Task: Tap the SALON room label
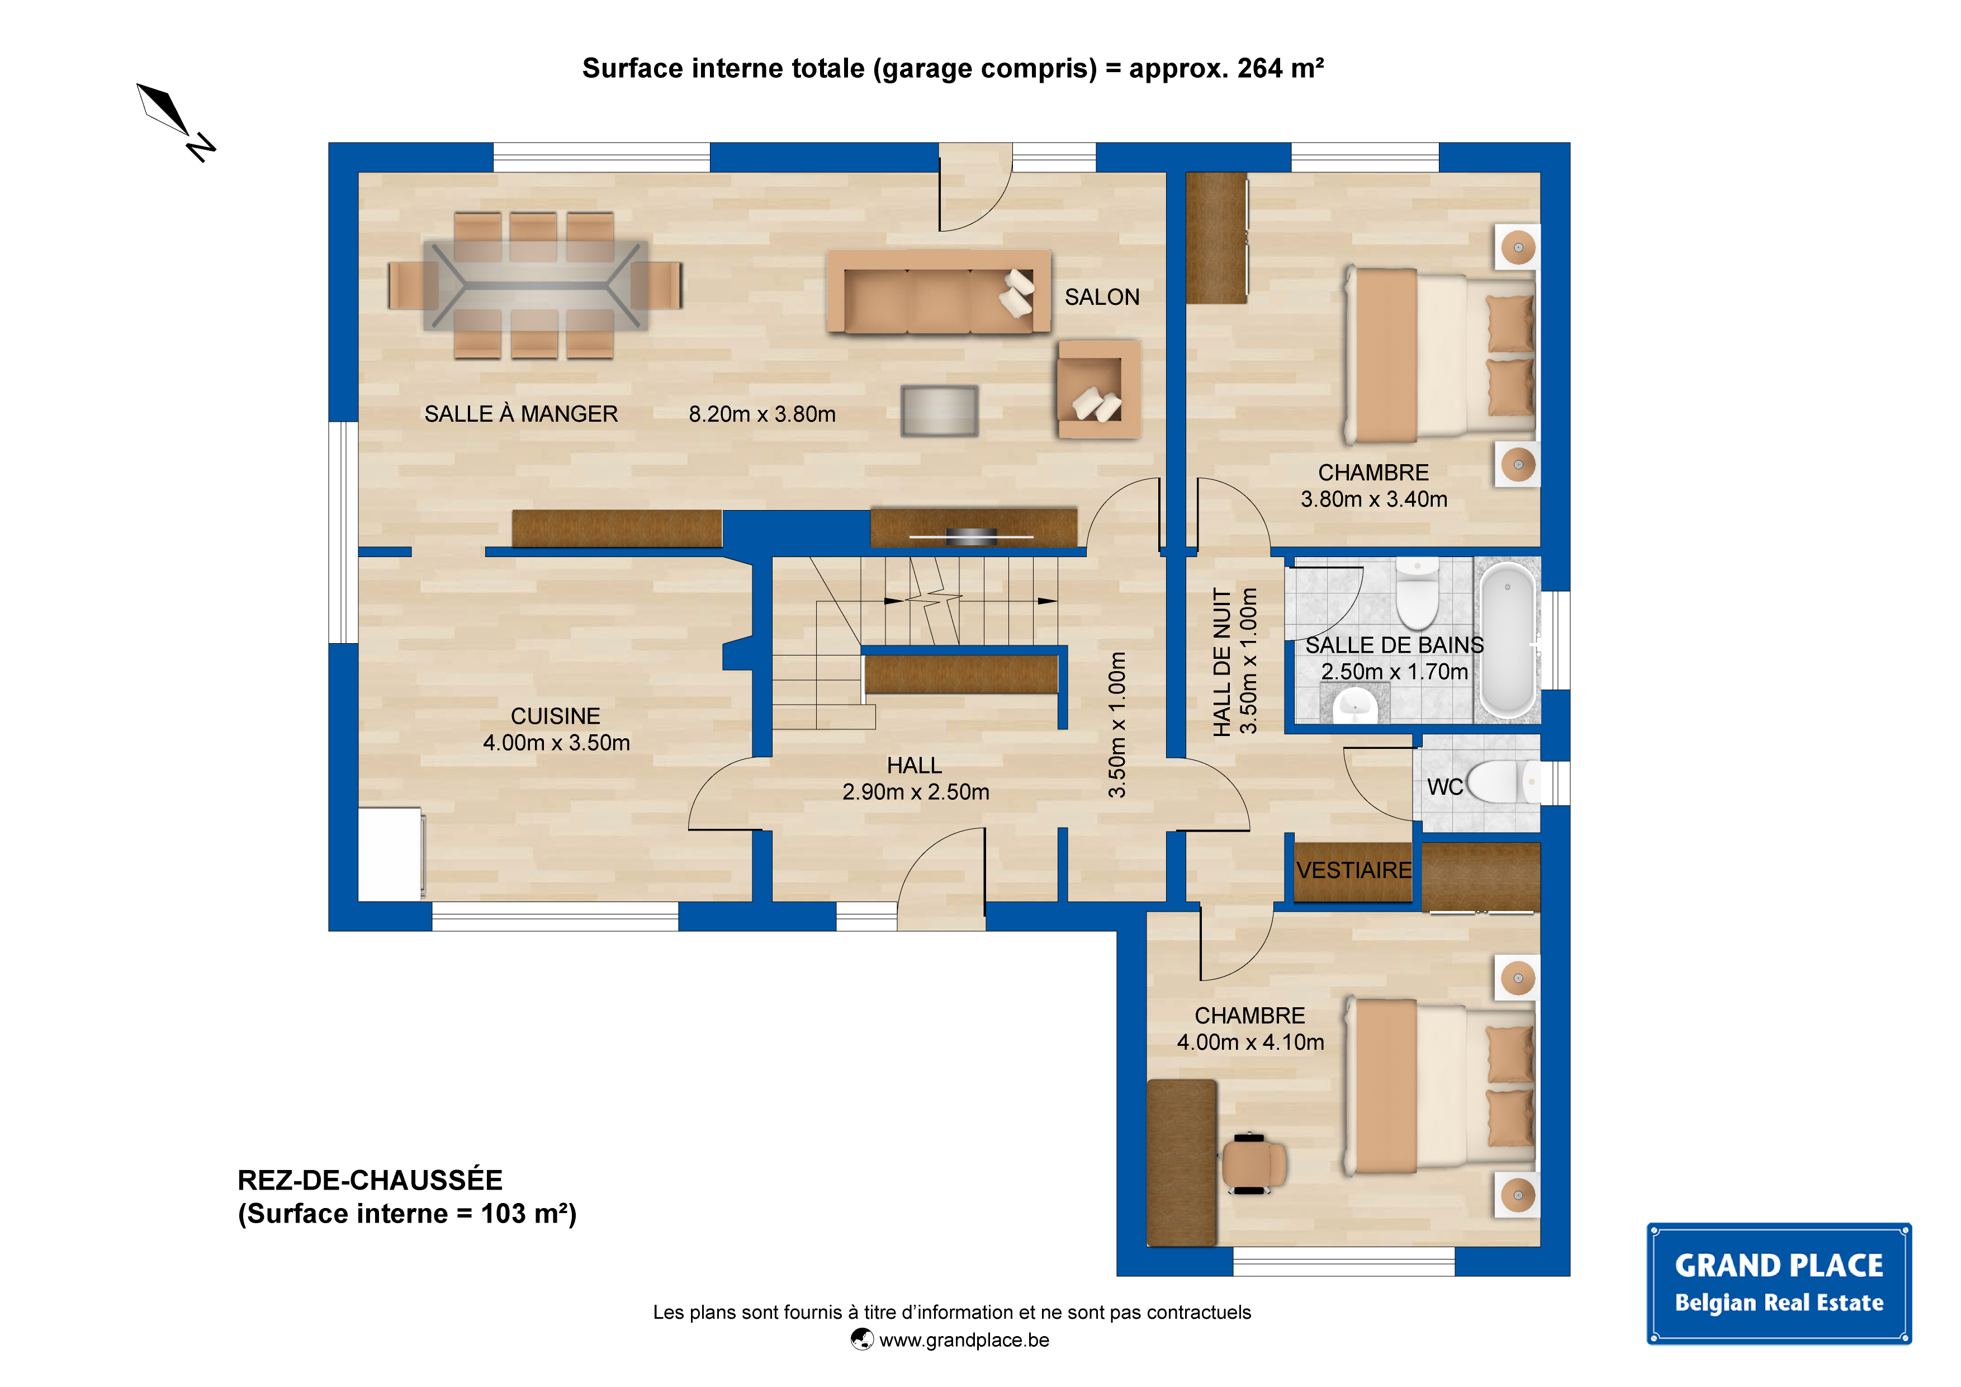(1102, 298)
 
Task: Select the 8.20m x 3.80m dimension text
(762, 414)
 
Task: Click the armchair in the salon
(1098, 390)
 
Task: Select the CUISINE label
(555, 716)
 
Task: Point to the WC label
(1445, 787)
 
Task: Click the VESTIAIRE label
(1354, 871)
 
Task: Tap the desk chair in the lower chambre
(1253, 1163)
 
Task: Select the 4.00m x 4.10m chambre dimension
(1251, 1042)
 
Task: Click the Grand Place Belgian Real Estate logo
(1779, 1284)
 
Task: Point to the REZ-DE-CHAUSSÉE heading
(370, 1180)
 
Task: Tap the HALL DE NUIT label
(1222, 662)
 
